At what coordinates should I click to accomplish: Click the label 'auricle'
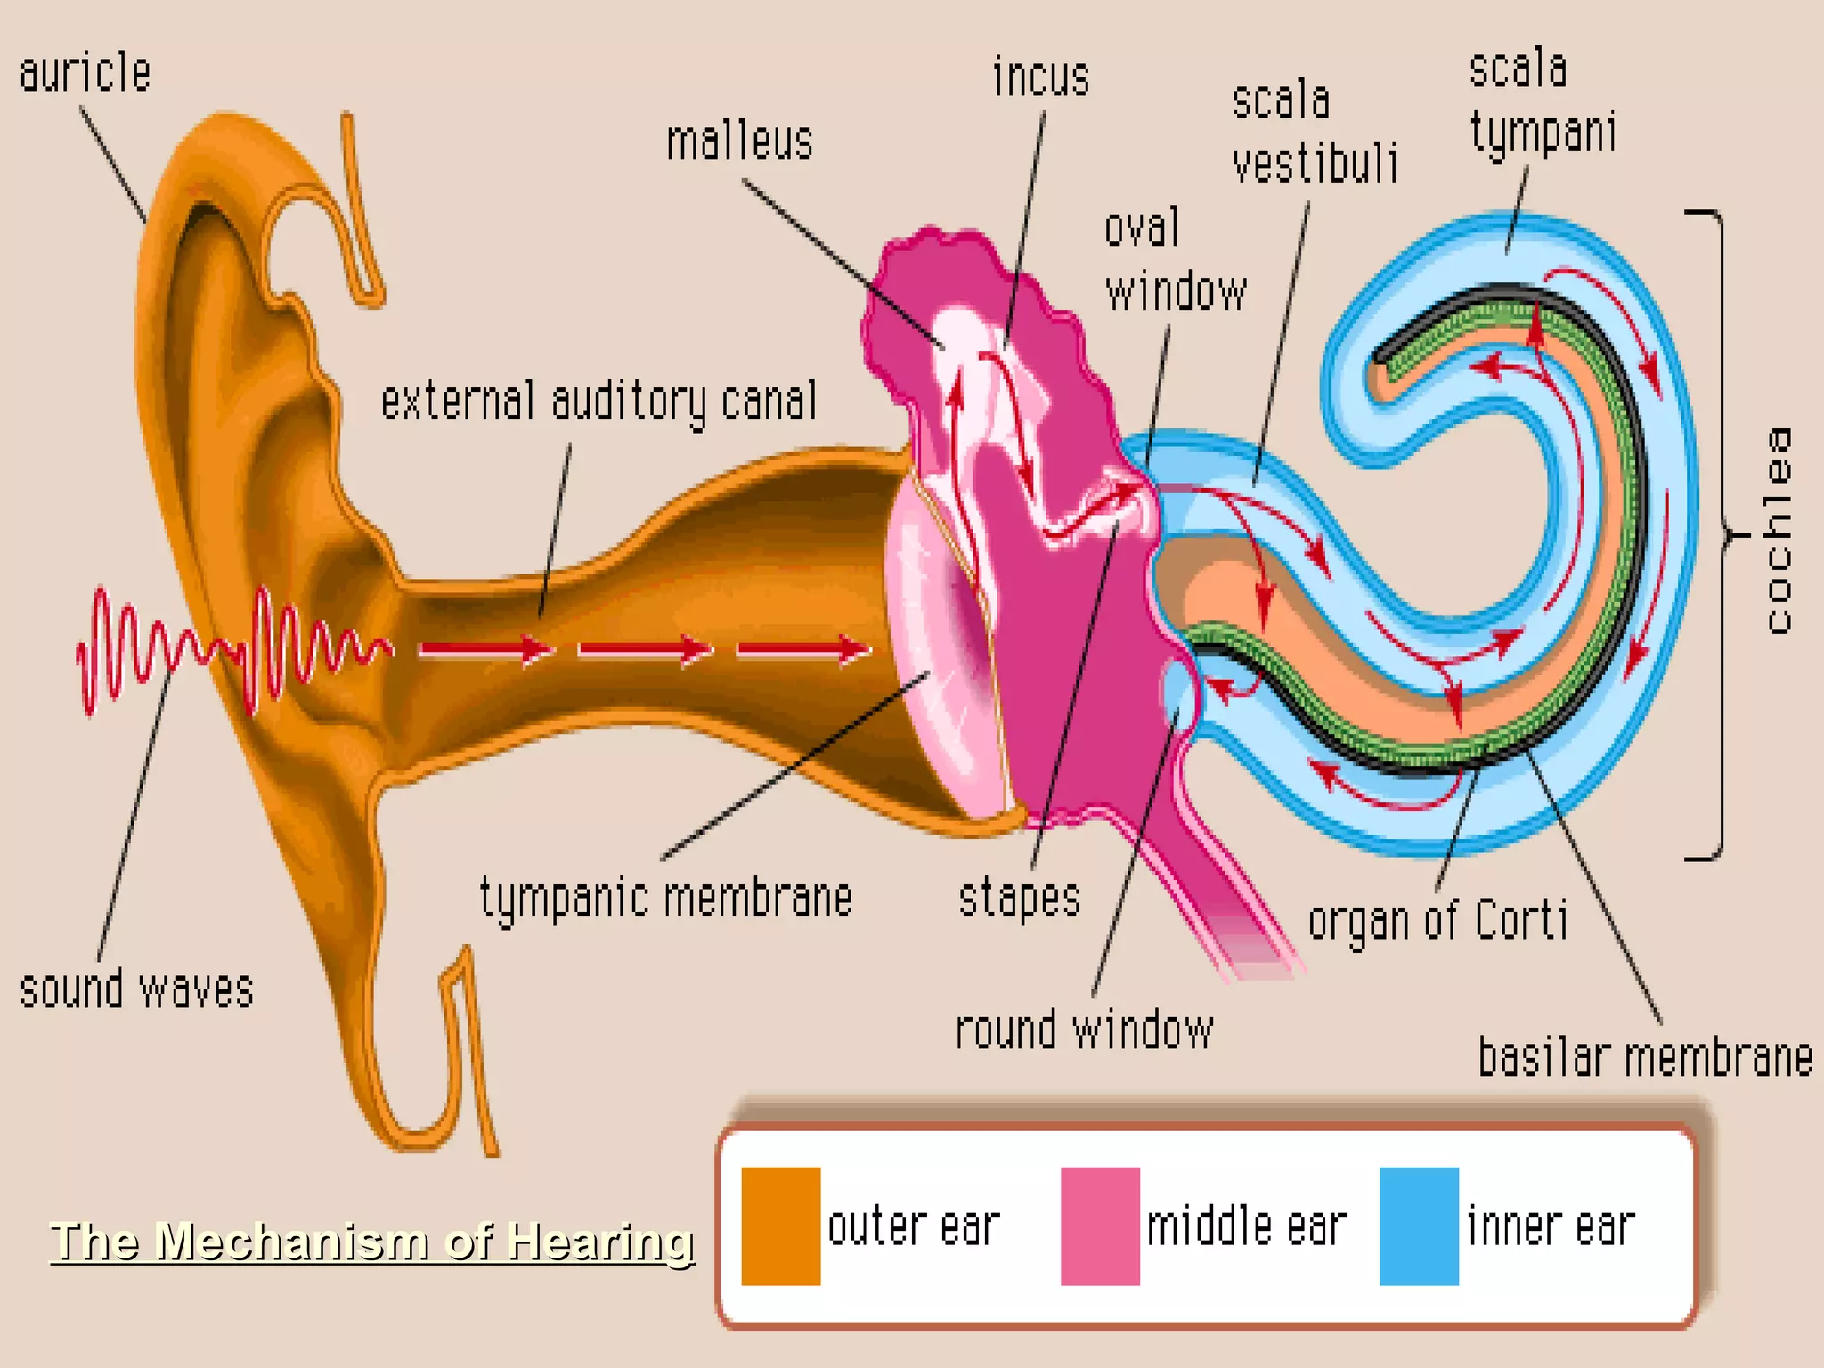[85, 73]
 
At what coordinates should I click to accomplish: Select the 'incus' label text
[1041, 77]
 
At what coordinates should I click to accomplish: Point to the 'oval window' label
[1174, 260]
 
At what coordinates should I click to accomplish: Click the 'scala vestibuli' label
[1314, 134]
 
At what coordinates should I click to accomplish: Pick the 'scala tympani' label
[1541, 102]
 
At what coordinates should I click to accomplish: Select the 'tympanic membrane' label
[666, 898]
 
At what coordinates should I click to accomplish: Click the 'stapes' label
[1020, 898]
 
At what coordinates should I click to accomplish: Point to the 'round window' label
[1084, 1031]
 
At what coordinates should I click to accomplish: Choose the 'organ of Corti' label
[1437, 921]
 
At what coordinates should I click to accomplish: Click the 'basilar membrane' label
[1645, 1058]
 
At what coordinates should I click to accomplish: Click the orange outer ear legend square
[781, 1226]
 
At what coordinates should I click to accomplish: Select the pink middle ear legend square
[1100, 1226]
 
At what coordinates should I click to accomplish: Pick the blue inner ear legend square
[1419, 1226]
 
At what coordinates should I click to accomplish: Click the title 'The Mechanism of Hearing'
[371, 1241]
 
